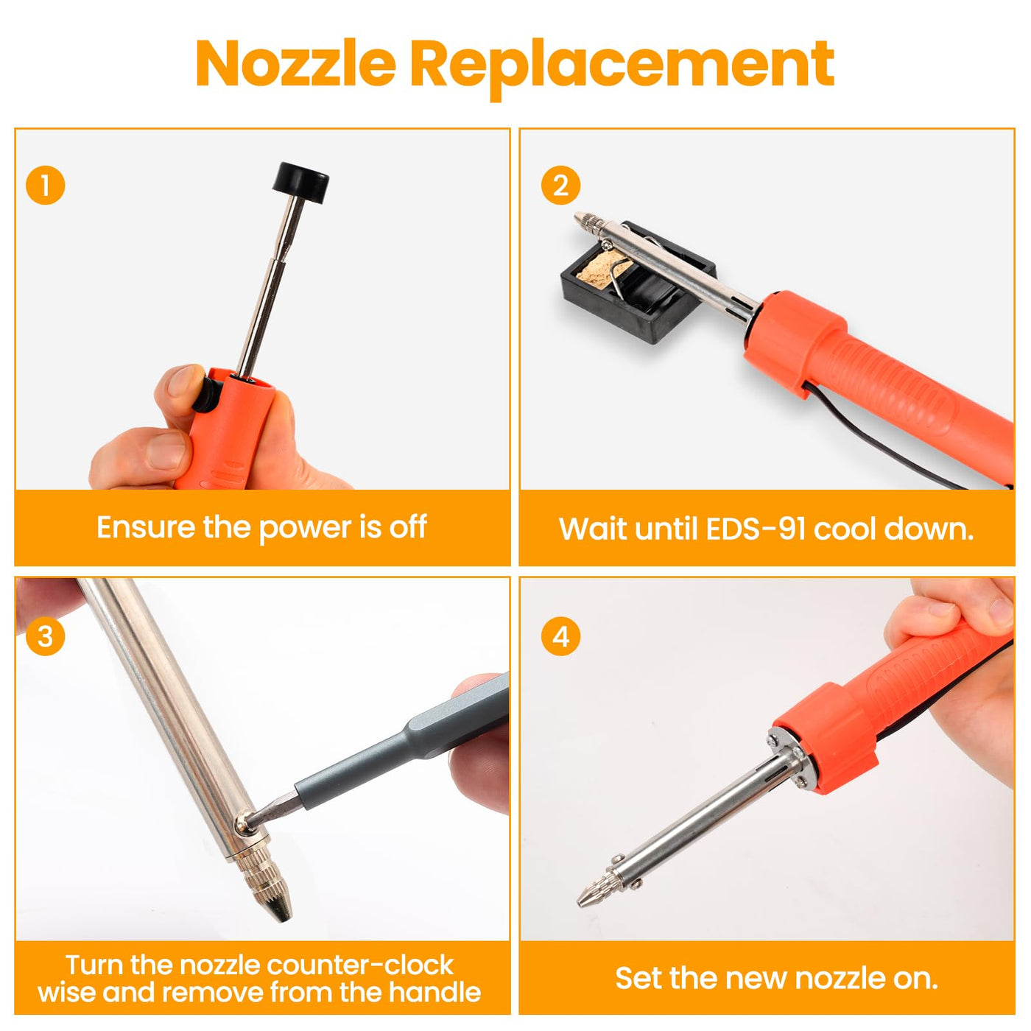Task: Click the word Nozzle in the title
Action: tap(296, 63)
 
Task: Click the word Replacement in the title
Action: tap(622, 67)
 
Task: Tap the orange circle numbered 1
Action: tap(46, 186)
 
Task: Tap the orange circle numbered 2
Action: tap(560, 186)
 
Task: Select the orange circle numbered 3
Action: tap(46, 637)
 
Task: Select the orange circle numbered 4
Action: tap(560, 637)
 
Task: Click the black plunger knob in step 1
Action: tap(300, 183)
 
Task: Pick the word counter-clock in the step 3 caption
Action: tap(359, 965)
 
